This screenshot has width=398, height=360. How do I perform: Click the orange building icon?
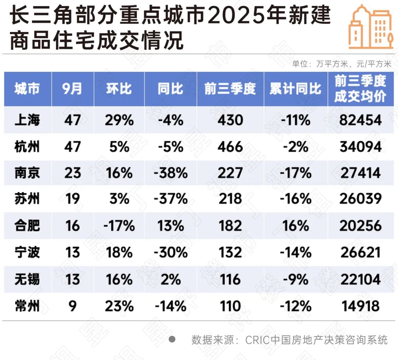[371, 27]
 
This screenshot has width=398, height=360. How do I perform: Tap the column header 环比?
[119, 89]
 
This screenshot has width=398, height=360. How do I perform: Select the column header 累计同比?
[295, 89]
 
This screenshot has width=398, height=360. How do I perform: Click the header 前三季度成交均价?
[360, 89]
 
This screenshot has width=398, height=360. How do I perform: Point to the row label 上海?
[27, 120]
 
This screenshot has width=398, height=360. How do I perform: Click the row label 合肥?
[27, 226]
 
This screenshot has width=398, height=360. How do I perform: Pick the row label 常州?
[27, 306]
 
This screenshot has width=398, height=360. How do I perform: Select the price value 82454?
[360, 120]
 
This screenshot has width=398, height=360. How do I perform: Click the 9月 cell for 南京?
[72, 173]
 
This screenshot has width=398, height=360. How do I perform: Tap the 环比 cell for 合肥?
[119, 226]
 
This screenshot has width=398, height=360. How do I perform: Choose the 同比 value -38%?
[170, 173]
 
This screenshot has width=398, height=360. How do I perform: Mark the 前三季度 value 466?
[230, 147]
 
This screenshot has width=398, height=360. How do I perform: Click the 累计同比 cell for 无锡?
[295, 279]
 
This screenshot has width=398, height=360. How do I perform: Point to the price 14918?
[360, 306]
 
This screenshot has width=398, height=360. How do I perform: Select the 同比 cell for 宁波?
[170, 252]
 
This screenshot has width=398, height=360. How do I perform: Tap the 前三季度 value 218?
[230, 199]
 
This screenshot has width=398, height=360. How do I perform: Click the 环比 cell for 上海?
[119, 120]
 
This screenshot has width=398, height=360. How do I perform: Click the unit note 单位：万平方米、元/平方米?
[342, 64]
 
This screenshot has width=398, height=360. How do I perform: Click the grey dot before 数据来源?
[172, 339]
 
